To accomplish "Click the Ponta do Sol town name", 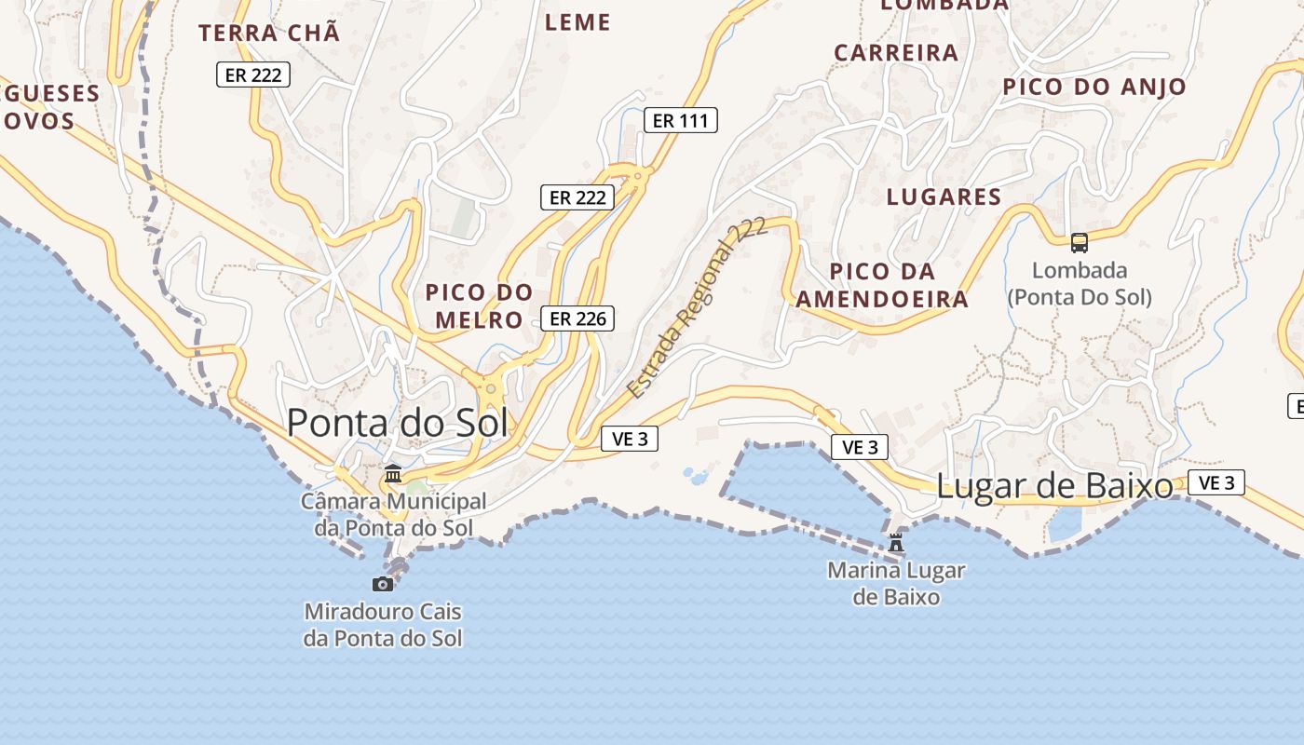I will point(398,423).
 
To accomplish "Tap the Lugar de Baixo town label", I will point(1054,486).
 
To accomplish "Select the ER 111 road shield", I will point(681,120).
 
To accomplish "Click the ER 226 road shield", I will point(577,318).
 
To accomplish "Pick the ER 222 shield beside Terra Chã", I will point(253,74).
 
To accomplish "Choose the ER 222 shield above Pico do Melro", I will point(577,197).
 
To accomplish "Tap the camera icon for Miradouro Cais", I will point(383,584).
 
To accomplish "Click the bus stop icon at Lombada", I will point(1080,243).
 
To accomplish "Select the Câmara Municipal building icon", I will point(393,474).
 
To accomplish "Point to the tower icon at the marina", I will point(896,542).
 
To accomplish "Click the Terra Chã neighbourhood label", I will point(269,34).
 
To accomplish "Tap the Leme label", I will point(577,22).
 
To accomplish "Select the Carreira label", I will point(896,53).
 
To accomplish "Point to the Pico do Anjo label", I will point(1094,88).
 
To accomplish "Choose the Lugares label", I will point(944,196).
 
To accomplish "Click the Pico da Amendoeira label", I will point(881,285).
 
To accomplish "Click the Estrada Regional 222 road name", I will point(697,307).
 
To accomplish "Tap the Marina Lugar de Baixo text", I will point(896,583).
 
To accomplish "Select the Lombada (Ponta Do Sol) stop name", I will point(1080,284).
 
